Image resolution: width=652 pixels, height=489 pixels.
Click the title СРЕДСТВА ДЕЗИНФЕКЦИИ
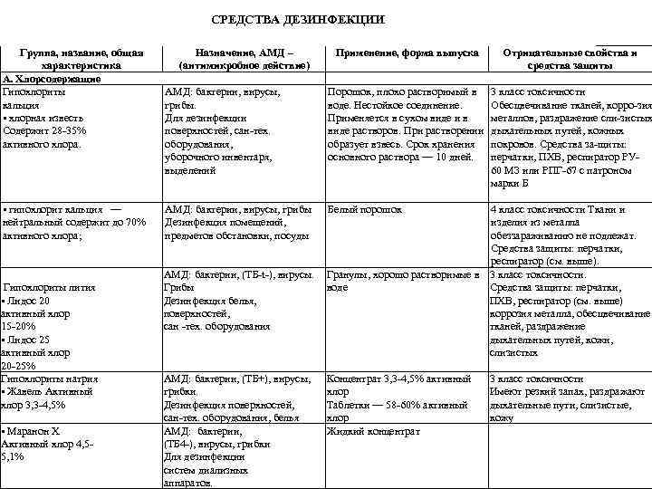point(298,19)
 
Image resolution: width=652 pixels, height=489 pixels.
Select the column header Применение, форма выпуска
point(407,53)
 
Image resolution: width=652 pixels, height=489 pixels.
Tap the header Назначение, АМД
point(239,53)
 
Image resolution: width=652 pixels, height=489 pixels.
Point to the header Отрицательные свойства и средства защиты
point(570,60)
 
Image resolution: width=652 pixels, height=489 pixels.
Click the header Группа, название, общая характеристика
point(81,60)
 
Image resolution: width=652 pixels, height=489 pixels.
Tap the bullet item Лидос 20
point(28,301)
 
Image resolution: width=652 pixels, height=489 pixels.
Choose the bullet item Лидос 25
point(28,340)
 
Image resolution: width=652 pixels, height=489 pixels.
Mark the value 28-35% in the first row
point(62,131)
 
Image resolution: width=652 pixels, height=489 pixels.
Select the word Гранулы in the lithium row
point(348,274)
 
